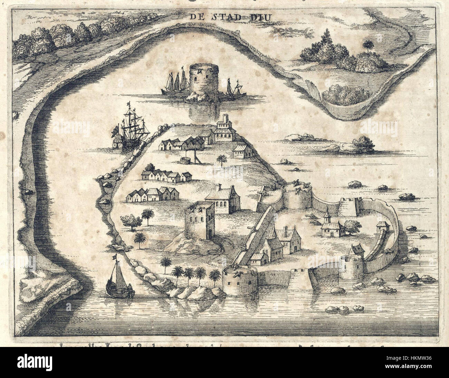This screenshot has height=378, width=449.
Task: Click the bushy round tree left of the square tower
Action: (130, 221)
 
